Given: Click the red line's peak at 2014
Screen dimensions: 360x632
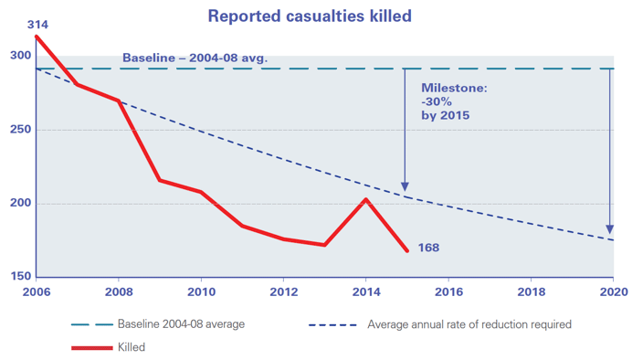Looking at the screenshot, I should pyautogui.click(x=366, y=199).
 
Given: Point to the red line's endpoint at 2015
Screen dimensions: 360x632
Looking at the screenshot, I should pyautogui.click(x=407, y=249).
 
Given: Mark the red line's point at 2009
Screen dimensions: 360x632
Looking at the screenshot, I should pyautogui.click(x=160, y=180).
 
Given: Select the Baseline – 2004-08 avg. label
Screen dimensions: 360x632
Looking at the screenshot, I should pyautogui.click(x=195, y=59).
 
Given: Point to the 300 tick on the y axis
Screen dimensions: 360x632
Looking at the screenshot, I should pyautogui.click(x=17, y=56).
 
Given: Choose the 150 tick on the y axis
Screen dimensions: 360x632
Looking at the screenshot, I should pyautogui.click(x=17, y=277).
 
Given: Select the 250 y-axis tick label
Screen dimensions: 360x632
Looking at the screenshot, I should pyautogui.click(x=17, y=130).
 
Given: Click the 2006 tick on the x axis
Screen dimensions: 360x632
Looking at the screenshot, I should pyautogui.click(x=36, y=292).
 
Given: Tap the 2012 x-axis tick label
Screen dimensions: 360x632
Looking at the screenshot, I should pyautogui.click(x=283, y=292).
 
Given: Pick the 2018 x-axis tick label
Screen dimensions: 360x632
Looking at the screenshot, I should pyautogui.click(x=531, y=292).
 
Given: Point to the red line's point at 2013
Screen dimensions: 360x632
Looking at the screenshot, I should pyautogui.click(x=324, y=245).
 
